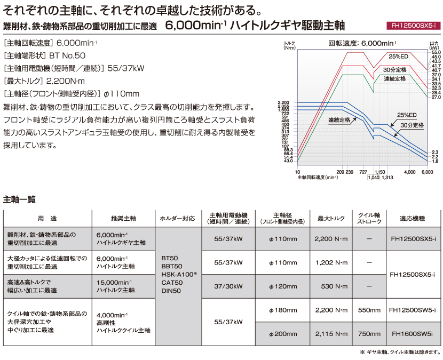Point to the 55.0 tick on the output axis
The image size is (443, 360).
pyautogui.click(x=435, y=53)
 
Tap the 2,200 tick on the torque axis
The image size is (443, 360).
pyautogui.click(x=283, y=102)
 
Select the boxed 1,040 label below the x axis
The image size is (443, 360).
pyautogui.click(x=374, y=178)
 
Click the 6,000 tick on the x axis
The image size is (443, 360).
pyautogui.click(x=427, y=172)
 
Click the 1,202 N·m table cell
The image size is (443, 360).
pyautogui.click(x=331, y=262)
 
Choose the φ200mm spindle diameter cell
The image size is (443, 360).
pyautogui.click(x=282, y=334)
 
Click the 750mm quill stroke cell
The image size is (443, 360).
pyautogui.click(x=369, y=334)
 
